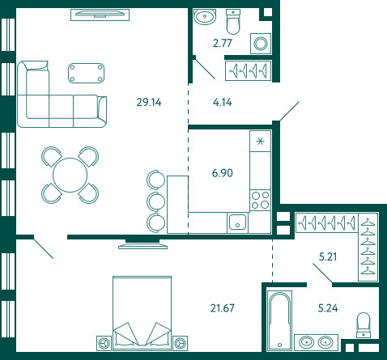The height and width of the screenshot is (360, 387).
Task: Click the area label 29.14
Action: pyautogui.click(x=149, y=103)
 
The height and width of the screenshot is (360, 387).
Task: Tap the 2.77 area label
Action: pyautogui.click(x=223, y=43)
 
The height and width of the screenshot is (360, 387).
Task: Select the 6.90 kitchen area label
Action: pyautogui.click(x=223, y=173)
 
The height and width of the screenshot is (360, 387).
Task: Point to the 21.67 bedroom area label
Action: pyautogui.click(x=223, y=308)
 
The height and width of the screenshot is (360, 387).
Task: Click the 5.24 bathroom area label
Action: pyautogui.click(x=328, y=308)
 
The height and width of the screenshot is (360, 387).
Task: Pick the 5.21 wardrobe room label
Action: pyautogui.click(x=328, y=256)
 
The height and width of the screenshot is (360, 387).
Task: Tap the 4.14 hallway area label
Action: pyautogui.click(x=223, y=103)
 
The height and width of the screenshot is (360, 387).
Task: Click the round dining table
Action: pyautogui.click(x=70, y=175)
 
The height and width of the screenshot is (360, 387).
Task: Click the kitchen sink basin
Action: pyautogui.click(x=237, y=222)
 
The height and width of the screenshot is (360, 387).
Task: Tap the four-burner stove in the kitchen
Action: pyautogui.click(x=260, y=200)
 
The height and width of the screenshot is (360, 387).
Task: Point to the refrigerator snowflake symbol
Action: pyautogui.click(x=260, y=141)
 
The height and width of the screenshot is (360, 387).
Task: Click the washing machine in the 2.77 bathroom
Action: pyautogui.click(x=261, y=44)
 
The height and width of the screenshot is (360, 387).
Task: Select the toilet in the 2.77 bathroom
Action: pyautogui.click(x=233, y=22)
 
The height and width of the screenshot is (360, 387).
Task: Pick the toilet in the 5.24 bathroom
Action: pyautogui.click(x=364, y=325)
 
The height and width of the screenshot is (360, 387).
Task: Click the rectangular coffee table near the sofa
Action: pyautogui.click(x=87, y=73)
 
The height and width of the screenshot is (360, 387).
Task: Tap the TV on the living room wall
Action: pyautogui.click(x=100, y=14)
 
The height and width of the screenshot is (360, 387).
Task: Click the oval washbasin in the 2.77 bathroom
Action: pyautogui.click(x=205, y=17)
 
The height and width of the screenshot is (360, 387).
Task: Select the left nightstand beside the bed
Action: pyautogui.click(x=104, y=344)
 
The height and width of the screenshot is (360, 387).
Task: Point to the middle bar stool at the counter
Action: pyautogui.click(x=156, y=201)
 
